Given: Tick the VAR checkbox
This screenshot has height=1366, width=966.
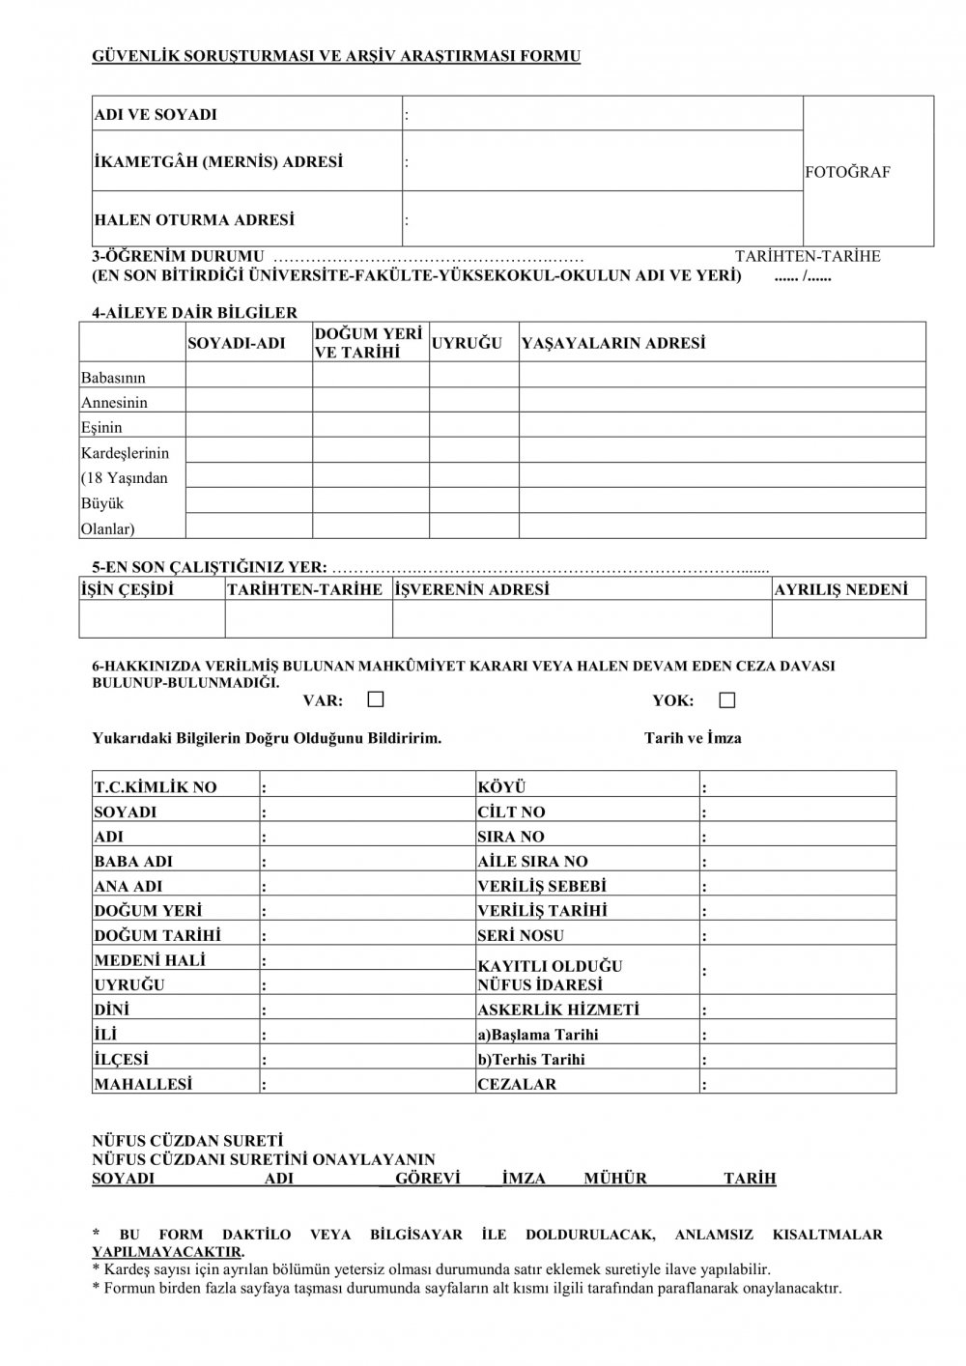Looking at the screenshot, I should pyautogui.click(x=376, y=699).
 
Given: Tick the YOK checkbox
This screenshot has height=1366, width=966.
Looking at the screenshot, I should pyautogui.click(x=727, y=699).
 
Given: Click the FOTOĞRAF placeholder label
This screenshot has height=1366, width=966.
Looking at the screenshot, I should pyautogui.click(x=847, y=172).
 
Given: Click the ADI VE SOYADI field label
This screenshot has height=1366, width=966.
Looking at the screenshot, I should pyautogui.click(x=156, y=115).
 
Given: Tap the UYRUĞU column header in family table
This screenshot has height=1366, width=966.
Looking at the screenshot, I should pyautogui.click(x=468, y=344).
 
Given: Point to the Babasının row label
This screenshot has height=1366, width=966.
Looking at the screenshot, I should pyautogui.click(x=114, y=378).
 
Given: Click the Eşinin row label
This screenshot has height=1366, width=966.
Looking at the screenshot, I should pyautogui.click(x=102, y=427).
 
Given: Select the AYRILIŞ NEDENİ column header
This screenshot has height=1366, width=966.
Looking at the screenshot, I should pyautogui.click(x=841, y=589).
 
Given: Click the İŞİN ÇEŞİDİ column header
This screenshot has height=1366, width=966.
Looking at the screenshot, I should pyautogui.click(x=128, y=589).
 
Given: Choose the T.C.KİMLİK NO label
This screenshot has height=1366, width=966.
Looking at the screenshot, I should pyautogui.click(x=156, y=787).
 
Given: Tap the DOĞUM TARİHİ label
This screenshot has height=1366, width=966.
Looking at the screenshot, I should pyautogui.click(x=157, y=935).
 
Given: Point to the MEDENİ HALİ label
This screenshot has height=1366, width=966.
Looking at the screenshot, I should pyautogui.click(x=150, y=960).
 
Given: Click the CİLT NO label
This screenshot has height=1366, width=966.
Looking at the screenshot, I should pyautogui.click(x=512, y=812).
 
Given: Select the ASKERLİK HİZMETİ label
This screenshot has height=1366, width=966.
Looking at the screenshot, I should pyautogui.click(x=559, y=1010).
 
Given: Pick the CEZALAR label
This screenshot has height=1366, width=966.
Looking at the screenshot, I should pyautogui.click(x=517, y=1084).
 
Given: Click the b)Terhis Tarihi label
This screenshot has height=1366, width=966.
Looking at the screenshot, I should pyautogui.click(x=531, y=1059).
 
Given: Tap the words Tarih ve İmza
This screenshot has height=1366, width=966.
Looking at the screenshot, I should pyautogui.click(x=693, y=738).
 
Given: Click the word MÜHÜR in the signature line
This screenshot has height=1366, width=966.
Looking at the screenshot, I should pyautogui.click(x=615, y=1179).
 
